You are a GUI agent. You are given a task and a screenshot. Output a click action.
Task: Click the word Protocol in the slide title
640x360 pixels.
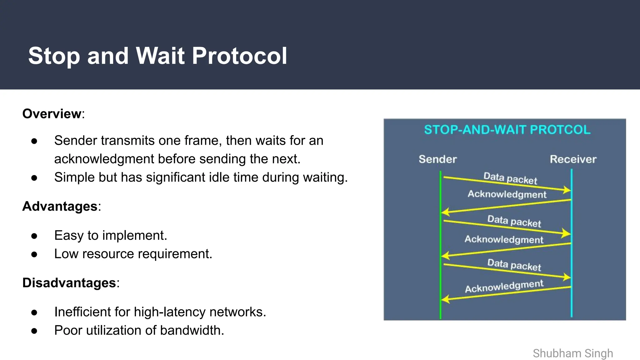click(239, 56)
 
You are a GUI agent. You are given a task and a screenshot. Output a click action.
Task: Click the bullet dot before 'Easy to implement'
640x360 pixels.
click(34, 236)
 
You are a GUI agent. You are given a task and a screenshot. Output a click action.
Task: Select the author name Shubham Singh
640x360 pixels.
click(572, 353)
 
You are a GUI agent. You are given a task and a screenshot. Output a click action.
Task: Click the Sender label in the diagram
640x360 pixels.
click(437, 159)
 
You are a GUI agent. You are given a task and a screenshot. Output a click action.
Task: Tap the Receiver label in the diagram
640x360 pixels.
click(573, 159)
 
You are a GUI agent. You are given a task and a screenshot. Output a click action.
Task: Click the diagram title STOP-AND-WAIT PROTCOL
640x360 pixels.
click(507, 130)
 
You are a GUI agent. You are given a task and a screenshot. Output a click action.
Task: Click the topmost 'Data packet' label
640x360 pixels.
click(510, 178)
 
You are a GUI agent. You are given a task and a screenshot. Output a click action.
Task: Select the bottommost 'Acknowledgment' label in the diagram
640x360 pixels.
click(504, 286)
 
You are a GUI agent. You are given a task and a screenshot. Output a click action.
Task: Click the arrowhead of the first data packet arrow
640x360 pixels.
click(567, 190)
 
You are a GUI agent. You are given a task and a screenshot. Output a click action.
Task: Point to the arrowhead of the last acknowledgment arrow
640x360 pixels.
click(445, 299)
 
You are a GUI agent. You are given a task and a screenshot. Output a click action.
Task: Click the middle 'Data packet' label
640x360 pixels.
click(514, 221)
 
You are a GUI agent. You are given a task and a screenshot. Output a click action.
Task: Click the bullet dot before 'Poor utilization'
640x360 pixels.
click(34, 331)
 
